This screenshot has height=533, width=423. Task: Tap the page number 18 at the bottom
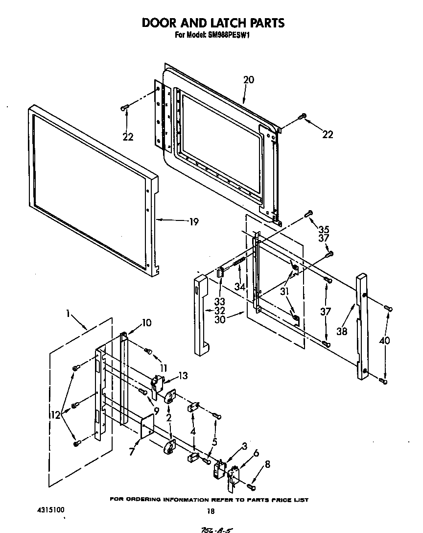click(x=211, y=511)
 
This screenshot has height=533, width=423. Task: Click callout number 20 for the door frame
click(x=249, y=80)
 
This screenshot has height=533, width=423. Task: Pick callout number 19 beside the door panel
click(x=193, y=222)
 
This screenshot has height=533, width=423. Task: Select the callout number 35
click(x=323, y=228)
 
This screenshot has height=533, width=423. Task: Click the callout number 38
click(x=342, y=331)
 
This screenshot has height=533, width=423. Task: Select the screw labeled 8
click(x=251, y=486)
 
